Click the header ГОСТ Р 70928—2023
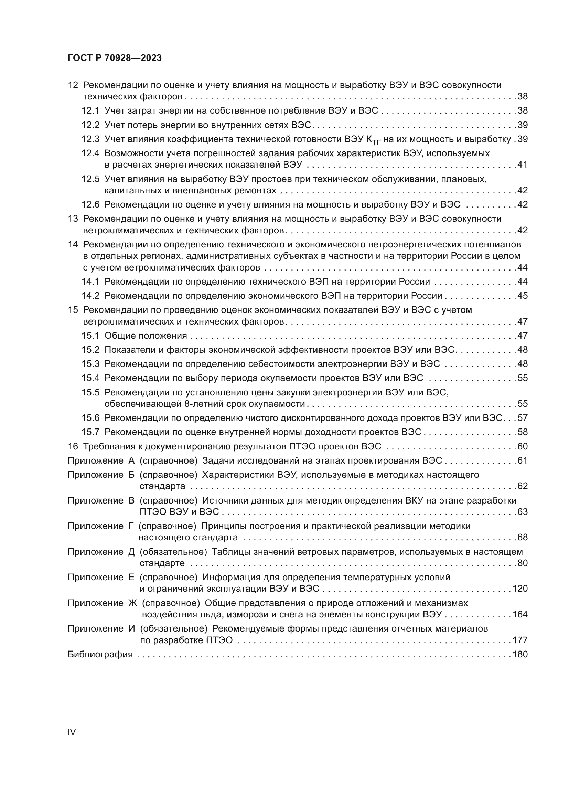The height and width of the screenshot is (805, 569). click(115, 58)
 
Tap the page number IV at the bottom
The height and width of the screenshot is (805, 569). click(72, 732)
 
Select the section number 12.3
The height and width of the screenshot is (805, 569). click(90, 139)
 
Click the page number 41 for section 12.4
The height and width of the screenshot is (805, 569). click(522, 165)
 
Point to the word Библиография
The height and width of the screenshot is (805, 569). click(100, 654)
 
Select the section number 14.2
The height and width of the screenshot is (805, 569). click(90, 296)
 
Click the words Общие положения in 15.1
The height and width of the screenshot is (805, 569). click(146, 336)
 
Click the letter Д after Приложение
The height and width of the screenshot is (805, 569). click(131, 552)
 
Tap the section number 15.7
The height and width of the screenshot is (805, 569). click(90, 432)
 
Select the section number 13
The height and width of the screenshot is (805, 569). click(73, 219)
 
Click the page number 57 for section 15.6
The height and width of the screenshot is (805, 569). click(522, 418)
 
